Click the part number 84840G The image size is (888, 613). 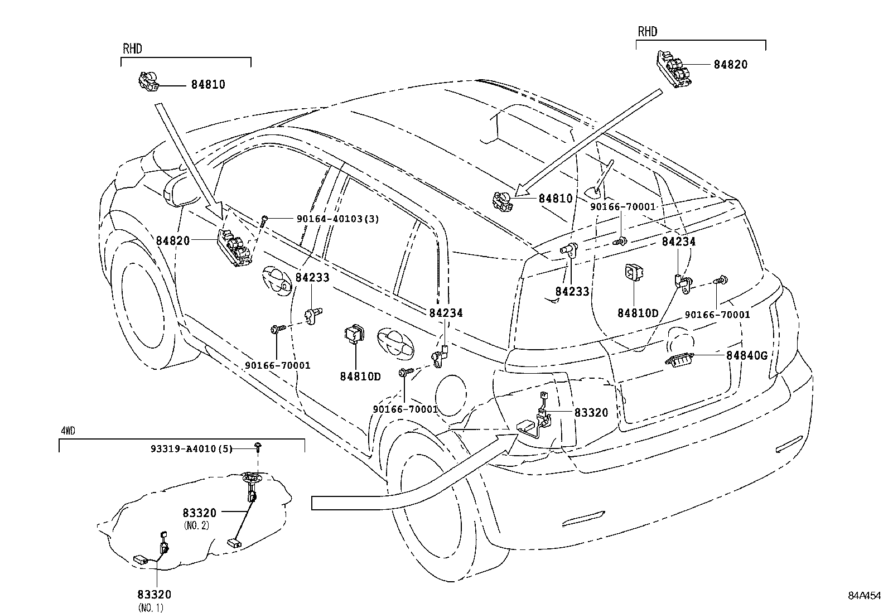point(747,355)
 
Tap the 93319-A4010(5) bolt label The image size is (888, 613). point(191,448)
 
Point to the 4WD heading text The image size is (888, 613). point(67,431)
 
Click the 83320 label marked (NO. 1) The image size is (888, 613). point(155,595)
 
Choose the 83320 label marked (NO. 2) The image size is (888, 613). point(199,513)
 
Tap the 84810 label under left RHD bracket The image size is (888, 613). point(208,85)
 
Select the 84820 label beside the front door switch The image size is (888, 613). point(173,241)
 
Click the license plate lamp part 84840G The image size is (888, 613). point(680,361)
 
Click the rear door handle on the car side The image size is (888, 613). point(396,341)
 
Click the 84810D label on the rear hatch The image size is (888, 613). point(638,313)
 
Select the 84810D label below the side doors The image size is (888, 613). point(360,377)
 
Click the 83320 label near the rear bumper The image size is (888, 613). point(591,412)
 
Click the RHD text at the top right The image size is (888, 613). point(648,32)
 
